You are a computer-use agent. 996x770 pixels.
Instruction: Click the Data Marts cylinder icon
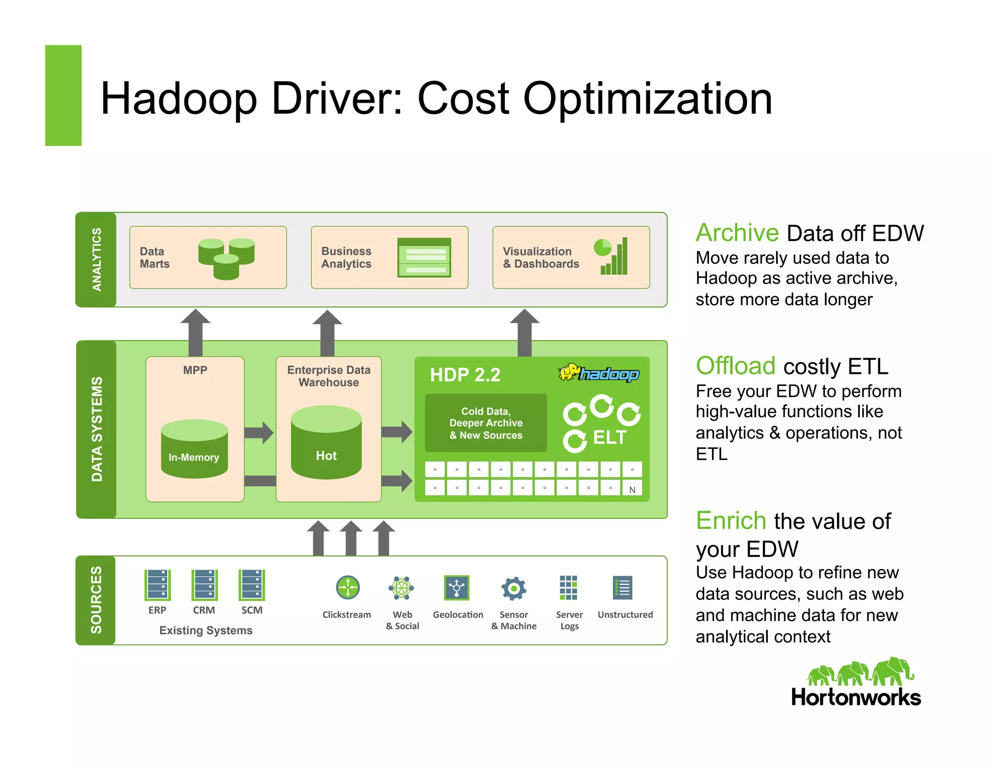tap(226, 258)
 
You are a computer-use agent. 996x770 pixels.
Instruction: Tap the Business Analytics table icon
tap(424, 257)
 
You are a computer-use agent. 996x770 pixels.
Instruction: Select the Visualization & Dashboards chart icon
tap(611, 257)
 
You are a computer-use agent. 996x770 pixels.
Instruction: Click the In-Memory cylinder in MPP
tap(194, 449)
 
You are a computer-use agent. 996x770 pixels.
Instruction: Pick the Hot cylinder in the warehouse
tap(326, 442)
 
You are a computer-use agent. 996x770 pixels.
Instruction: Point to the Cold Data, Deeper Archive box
tap(486, 423)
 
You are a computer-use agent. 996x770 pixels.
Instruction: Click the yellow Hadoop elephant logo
tap(569, 373)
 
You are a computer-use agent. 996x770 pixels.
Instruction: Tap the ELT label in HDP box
tap(609, 438)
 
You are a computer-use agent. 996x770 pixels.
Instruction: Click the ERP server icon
tap(157, 585)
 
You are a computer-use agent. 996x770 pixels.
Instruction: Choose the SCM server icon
tap(252, 585)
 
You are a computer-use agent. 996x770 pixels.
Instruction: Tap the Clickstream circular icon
tap(348, 588)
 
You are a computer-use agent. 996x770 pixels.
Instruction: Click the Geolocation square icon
tap(457, 588)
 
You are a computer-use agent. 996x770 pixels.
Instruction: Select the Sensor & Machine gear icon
tap(514, 588)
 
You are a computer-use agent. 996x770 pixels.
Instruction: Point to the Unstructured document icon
tap(622, 588)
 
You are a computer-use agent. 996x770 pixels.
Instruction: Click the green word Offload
tap(735, 366)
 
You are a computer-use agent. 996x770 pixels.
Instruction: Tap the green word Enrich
tap(731, 521)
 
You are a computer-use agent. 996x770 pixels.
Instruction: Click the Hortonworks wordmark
tap(856, 697)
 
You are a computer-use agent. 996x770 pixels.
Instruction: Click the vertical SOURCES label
tap(96, 600)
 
